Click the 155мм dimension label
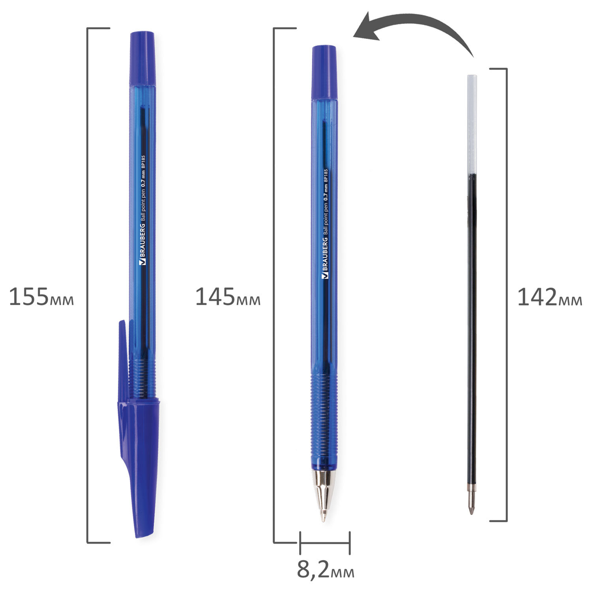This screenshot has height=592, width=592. [x=41, y=297]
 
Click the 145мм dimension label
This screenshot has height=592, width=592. [x=228, y=297]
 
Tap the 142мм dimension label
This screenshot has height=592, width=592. [x=549, y=297]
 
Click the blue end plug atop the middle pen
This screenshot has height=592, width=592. [x=324, y=72]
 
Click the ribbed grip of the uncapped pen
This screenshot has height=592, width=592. [x=324, y=399]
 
